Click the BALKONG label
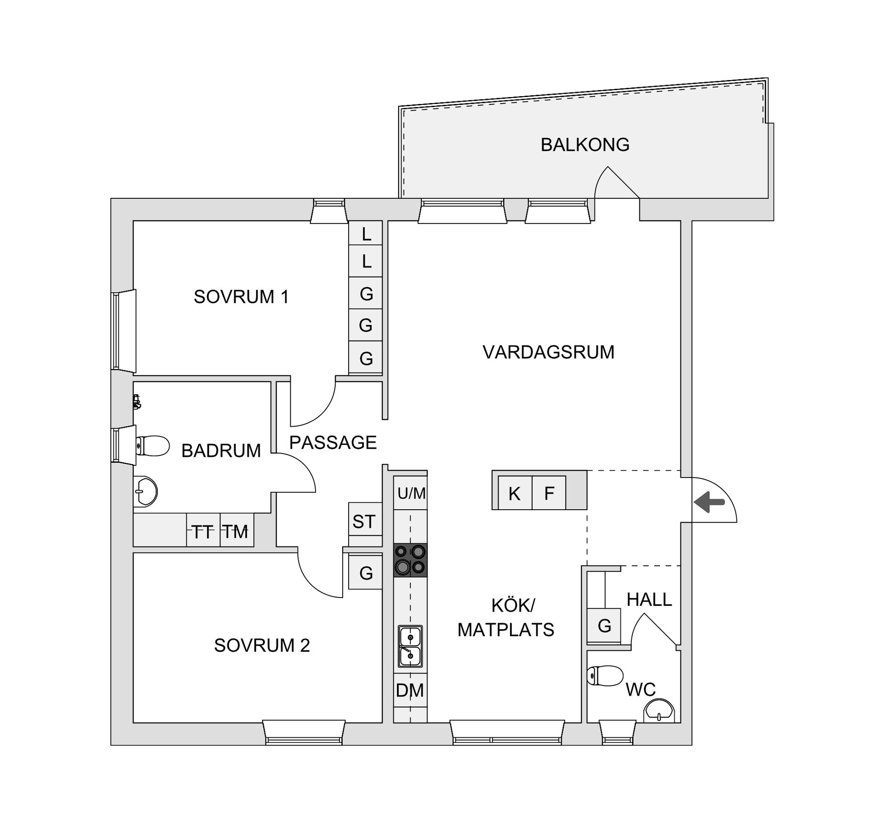585,144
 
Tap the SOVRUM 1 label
241,297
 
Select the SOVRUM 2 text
262,645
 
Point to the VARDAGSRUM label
548,352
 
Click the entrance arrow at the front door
709,501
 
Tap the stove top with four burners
410,560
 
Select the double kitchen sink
410,646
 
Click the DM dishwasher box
410,690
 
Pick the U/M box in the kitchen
411,493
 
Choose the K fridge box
515,493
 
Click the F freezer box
549,493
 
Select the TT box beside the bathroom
203,530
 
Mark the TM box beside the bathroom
237,530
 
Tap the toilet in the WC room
605,676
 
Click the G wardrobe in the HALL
604,625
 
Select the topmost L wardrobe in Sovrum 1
366,233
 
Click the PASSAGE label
333,442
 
